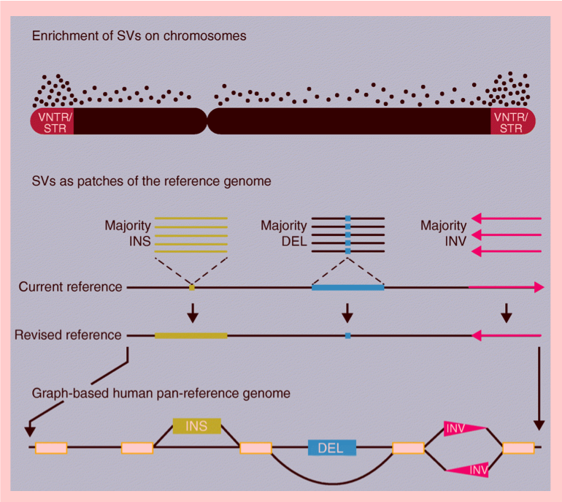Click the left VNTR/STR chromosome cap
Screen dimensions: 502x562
coord(52,122)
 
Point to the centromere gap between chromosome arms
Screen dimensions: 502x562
coord(207,121)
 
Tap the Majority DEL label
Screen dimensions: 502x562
coord(284,234)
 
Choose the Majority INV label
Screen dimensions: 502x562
coord(443,234)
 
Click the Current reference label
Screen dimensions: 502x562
coord(71,287)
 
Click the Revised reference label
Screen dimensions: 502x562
coord(68,335)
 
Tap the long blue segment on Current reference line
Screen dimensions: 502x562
coord(347,288)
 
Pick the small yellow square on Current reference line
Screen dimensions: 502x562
coord(192,288)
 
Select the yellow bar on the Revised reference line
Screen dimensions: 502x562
coord(190,336)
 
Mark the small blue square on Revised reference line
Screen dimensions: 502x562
coord(347,336)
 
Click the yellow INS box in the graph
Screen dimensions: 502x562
coord(197,426)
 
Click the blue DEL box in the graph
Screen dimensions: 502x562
coord(331,448)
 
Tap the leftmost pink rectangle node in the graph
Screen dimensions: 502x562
coord(51,448)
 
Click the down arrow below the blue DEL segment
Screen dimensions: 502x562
coord(347,313)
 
